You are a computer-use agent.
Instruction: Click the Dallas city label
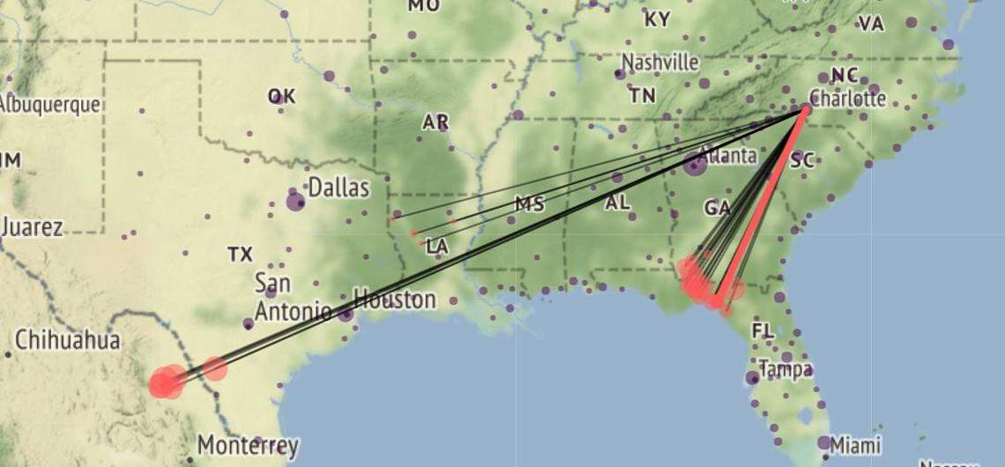pos(339,187)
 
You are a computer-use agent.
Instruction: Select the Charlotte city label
pos(847,98)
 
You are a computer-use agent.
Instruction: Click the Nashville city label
pos(660,63)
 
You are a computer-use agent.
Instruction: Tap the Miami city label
pos(856,445)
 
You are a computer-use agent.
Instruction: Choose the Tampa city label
pos(785,369)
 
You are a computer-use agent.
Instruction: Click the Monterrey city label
pos(248,445)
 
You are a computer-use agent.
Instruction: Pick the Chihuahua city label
pos(67,340)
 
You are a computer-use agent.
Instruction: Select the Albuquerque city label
pos(49,104)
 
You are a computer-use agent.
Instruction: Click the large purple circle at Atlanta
pos(695,163)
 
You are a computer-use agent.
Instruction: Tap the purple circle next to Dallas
pos(295,202)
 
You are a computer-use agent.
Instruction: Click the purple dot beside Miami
pos(823,442)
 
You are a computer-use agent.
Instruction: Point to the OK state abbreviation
pos(281,97)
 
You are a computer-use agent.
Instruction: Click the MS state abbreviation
pos(530,204)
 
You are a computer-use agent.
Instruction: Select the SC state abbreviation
pos(802,160)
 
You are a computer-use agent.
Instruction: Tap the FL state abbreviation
pos(763,330)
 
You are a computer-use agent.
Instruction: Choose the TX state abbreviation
pos(240,255)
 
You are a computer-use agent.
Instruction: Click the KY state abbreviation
pos(657,19)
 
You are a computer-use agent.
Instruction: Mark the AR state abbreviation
pos(435,122)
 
